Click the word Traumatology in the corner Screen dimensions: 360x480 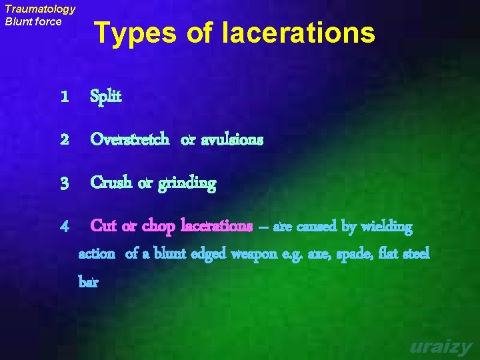40,9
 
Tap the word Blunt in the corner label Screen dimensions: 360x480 19,21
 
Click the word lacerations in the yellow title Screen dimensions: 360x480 299,32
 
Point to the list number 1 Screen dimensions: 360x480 64,97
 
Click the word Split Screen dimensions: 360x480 106,97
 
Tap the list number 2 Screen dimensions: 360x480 64,140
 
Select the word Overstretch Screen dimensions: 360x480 129,140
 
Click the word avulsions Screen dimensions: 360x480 231,140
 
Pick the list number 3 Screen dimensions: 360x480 64,183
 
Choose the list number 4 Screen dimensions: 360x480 64,227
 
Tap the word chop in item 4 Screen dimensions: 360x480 159,227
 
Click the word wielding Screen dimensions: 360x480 387,227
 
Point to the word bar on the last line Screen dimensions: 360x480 88,281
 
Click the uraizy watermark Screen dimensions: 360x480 441,347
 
